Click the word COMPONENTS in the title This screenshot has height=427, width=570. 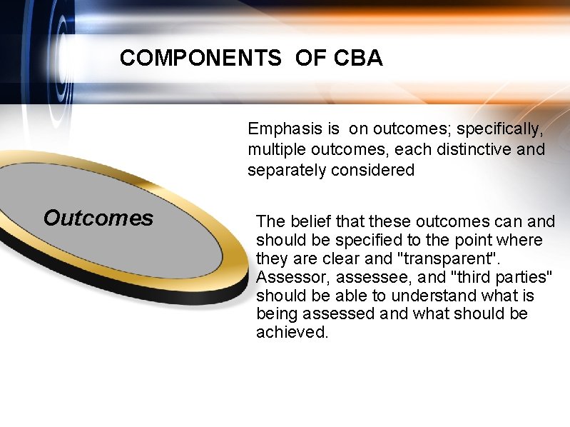pyautogui.click(x=200, y=59)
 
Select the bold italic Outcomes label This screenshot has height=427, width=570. pyautogui.click(x=98, y=218)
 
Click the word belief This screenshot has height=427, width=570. pyautogui.click(x=311, y=222)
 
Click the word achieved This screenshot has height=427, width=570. pyautogui.click(x=292, y=333)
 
